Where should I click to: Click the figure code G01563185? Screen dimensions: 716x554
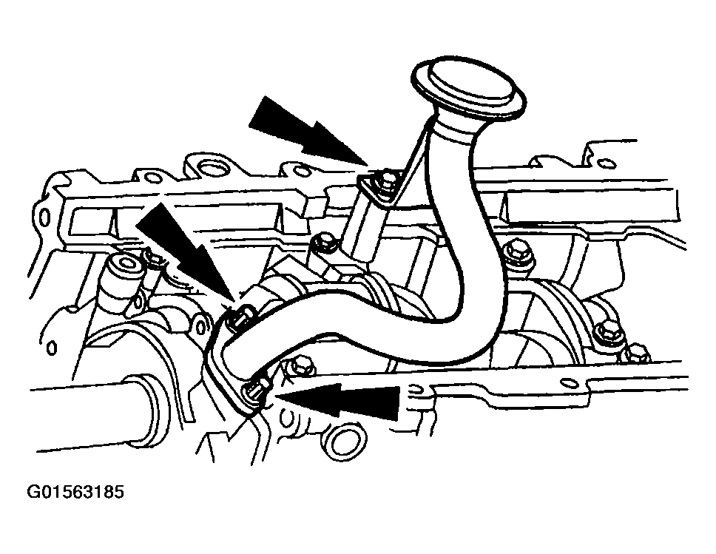[75, 491]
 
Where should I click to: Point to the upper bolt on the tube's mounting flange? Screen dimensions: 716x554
[241, 314]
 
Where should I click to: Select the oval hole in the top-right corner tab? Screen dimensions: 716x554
[607, 162]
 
